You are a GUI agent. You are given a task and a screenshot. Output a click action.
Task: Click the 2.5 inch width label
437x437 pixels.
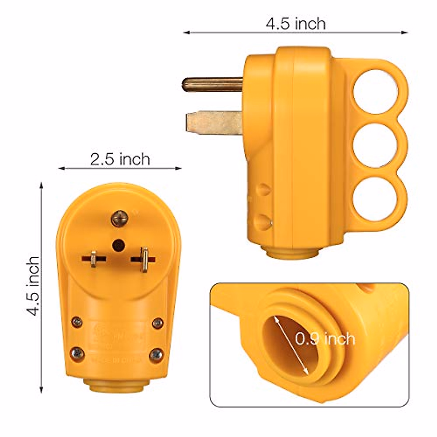120,159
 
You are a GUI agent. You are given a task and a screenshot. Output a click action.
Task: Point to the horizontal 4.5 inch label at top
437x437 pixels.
295,24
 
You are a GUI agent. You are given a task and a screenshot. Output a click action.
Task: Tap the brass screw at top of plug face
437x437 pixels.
119,218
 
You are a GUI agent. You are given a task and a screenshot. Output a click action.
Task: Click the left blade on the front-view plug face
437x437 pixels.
94,259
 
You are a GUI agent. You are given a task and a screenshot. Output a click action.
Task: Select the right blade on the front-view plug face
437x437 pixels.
144,259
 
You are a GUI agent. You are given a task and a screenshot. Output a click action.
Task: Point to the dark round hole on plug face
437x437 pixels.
118,244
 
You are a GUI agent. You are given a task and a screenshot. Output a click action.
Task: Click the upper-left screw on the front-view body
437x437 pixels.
77,322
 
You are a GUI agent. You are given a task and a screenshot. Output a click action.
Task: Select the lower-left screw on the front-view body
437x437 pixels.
78,354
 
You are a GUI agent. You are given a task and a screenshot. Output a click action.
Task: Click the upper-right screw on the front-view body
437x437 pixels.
158,322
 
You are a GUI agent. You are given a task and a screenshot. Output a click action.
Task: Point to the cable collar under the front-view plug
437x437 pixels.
118,387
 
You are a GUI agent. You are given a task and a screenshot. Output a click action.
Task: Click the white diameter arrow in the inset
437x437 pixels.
291,345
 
